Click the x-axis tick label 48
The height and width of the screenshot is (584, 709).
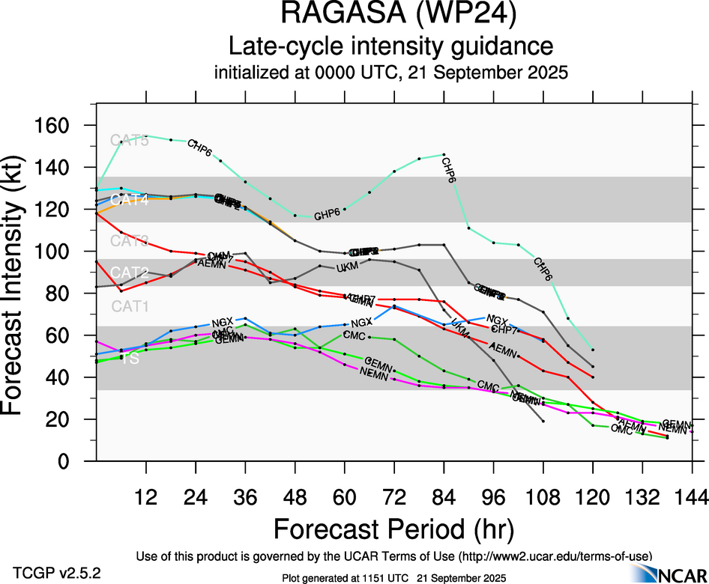295,497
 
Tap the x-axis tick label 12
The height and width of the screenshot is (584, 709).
145,497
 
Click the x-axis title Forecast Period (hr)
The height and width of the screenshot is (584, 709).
393,529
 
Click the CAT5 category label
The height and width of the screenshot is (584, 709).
130,140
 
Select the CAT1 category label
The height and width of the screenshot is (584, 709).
130,305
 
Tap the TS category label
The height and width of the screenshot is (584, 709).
130,359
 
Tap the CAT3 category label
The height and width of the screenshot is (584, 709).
130,240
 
